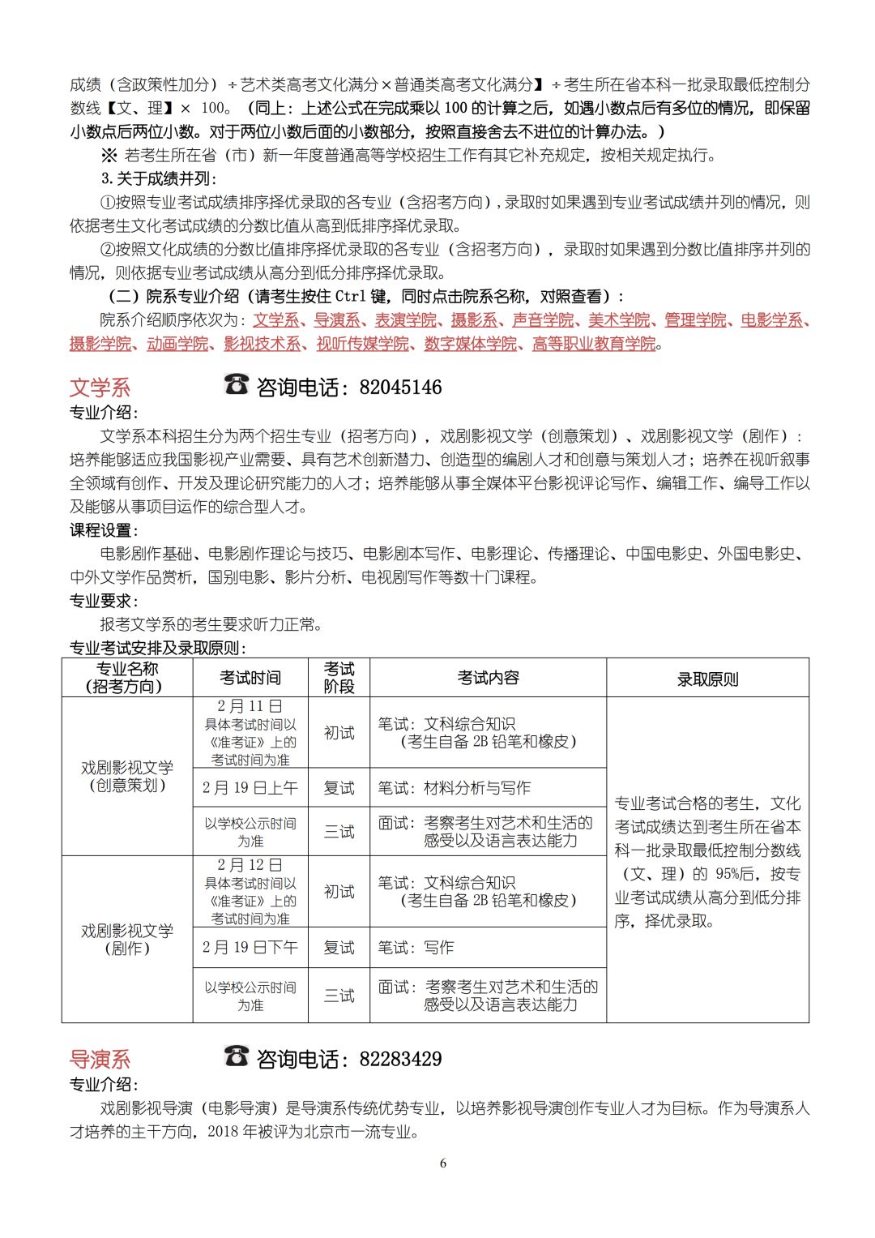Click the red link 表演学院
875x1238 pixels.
point(404,320)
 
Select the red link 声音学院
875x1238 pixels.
point(543,320)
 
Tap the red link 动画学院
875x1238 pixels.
point(177,344)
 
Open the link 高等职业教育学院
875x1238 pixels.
point(593,344)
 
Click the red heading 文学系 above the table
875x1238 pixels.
point(100,388)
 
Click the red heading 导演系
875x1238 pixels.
point(100,1060)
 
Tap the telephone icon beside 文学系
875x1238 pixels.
point(236,384)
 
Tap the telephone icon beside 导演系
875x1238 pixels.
point(236,1056)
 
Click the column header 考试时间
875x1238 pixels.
point(250,678)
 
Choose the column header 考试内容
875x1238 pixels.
point(488,678)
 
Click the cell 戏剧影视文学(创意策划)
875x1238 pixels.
point(127,776)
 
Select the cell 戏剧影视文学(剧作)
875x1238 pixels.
point(127,939)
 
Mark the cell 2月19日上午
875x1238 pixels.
point(250,787)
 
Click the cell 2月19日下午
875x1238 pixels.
point(250,947)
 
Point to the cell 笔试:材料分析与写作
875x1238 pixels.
point(455,787)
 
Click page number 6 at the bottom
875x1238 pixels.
point(442,1163)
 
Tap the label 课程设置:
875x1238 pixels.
point(105,530)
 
